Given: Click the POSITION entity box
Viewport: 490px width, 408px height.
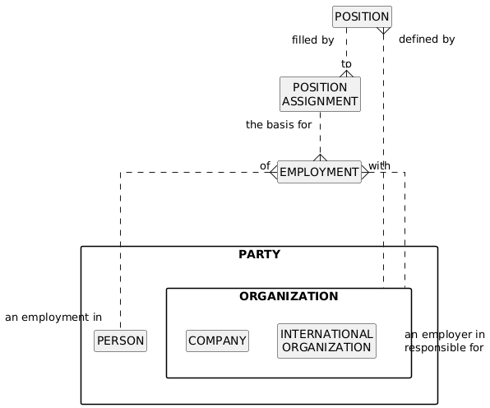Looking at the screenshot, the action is coord(362,16).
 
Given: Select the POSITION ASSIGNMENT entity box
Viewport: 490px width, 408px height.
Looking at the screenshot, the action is coord(320,94).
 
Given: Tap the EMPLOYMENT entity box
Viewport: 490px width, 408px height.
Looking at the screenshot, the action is coord(319,172).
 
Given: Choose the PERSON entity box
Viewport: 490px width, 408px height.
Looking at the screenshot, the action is coord(120,341).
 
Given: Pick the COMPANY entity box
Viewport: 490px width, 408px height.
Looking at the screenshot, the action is coord(218,341).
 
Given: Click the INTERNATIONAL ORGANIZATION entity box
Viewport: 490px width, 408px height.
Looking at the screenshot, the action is coord(327,341).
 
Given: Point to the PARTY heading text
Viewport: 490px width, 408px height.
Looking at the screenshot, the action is coord(259,254).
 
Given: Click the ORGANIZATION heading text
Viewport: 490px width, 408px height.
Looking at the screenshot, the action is coord(289,296).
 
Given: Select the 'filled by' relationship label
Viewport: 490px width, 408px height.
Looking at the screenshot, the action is coord(312,40).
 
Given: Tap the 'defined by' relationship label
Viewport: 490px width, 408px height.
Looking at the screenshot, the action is coord(427,39).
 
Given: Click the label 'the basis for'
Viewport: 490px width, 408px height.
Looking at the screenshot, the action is coord(279,125).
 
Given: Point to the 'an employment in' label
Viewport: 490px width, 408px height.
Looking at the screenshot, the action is coord(53,318).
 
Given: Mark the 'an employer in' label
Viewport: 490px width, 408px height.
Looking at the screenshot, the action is coord(445,335).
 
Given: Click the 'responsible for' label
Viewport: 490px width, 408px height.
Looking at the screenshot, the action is coord(444,348).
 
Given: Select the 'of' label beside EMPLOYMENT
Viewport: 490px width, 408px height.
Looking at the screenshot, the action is coord(265,165).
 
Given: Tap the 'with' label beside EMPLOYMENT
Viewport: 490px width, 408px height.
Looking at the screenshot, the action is coord(379,165).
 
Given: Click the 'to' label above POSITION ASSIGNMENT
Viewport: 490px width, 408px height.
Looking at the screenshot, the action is coord(346,64).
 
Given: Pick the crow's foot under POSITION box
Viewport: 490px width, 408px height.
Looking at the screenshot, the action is coord(383,30).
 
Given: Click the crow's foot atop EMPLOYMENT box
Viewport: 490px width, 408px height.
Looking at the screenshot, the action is coord(320,158).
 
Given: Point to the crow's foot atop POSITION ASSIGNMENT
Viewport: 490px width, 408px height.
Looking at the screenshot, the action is coord(346,73).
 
